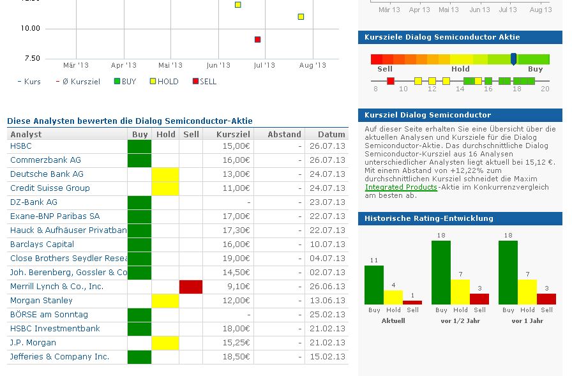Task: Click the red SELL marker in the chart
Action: (258, 40)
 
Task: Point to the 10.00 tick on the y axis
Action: (30, 28)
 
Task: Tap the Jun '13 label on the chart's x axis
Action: (218, 65)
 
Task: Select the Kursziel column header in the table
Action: (229, 134)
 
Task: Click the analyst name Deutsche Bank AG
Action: (47, 174)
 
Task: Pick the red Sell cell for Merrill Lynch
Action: (191, 287)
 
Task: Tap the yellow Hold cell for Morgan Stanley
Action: (165, 300)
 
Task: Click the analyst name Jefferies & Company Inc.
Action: (59, 356)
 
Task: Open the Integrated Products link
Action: (401, 187)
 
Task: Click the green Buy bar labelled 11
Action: (374, 285)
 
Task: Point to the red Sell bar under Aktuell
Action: (412, 302)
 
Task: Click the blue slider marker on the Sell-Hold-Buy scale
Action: (514, 59)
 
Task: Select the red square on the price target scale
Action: (391, 81)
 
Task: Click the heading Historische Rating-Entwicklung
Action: (429, 218)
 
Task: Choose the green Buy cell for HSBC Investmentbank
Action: (139, 328)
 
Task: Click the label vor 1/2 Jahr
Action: (460, 320)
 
